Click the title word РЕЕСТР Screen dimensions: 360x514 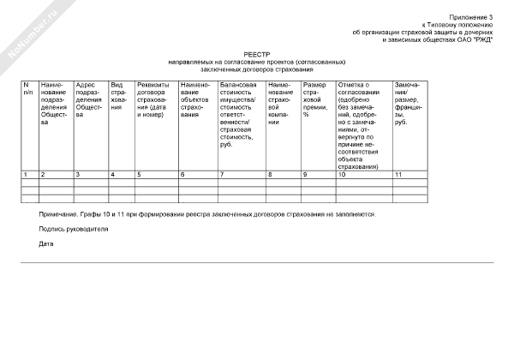pos(256,54)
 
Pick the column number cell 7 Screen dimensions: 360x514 pos(222,175)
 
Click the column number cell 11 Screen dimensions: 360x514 pos(397,175)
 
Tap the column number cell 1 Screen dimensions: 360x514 pos(26,175)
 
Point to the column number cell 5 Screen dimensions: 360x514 pos(139,175)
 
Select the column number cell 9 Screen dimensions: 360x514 pos(305,175)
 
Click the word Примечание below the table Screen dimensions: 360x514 pos(57,214)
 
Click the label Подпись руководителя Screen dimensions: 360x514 pos(74,230)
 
